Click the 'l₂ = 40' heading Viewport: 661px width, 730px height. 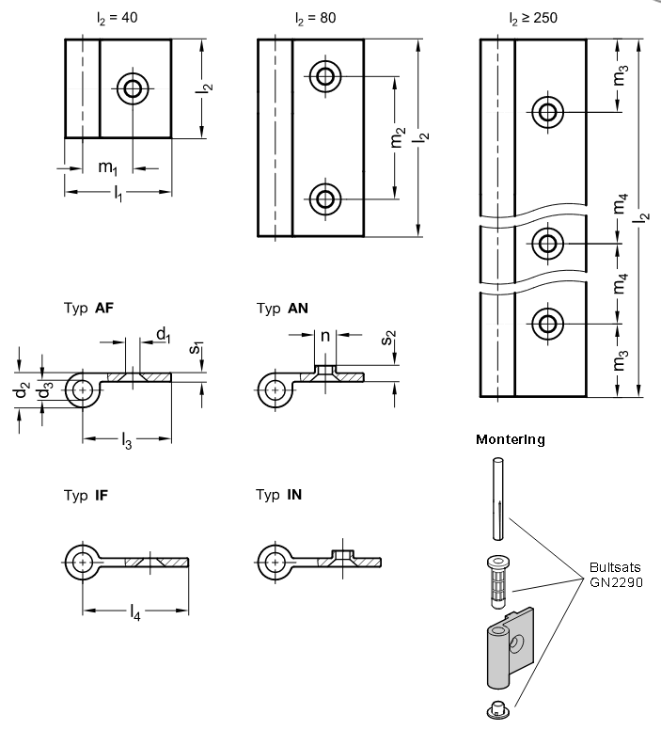point(118,18)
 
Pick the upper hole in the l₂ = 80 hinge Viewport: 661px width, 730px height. point(326,77)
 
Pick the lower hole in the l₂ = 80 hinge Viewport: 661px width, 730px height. point(326,198)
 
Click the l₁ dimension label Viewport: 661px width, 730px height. point(117,195)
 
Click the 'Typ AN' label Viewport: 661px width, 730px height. point(282,308)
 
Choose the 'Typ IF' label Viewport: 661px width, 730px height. point(88,495)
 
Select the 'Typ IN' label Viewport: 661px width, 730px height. point(281,495)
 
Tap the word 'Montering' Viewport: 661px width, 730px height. point(510,439)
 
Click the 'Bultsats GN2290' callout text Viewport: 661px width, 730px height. point(617,576)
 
